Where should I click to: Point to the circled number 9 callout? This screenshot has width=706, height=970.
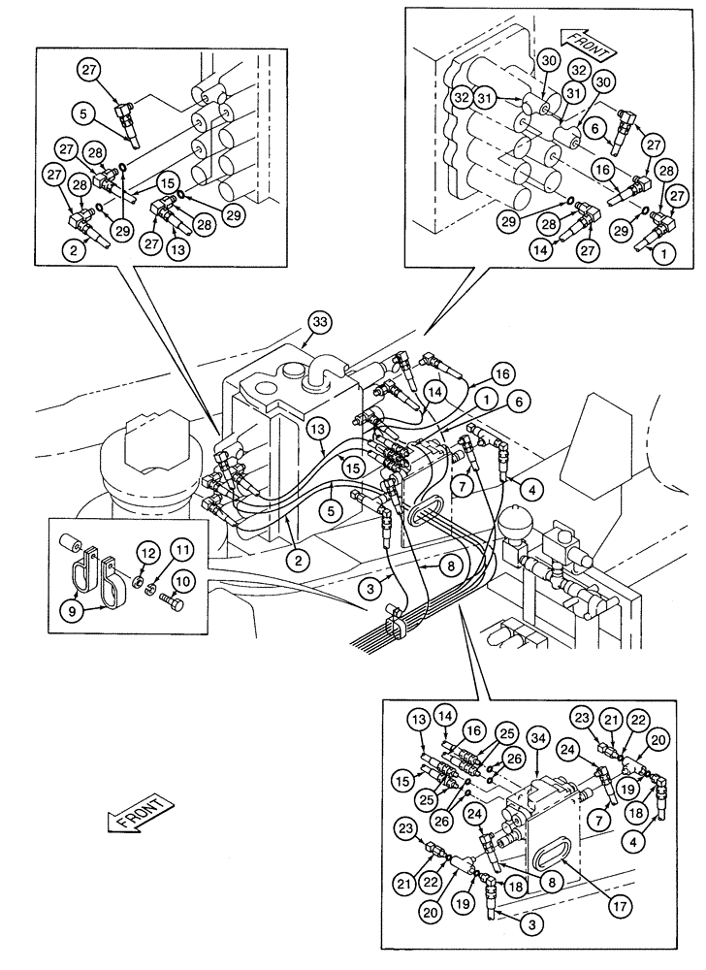[73, 609]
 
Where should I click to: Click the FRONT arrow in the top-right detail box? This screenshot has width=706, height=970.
[587, 44]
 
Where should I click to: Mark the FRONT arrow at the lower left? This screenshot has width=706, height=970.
[139, 813]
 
